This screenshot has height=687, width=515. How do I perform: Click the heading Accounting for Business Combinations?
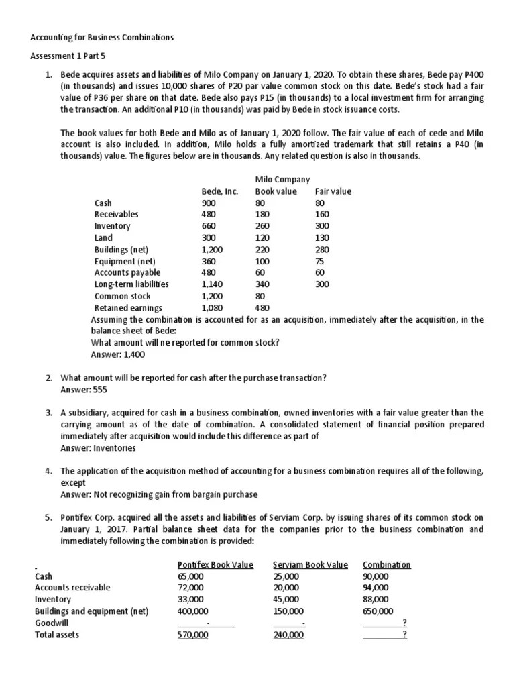point(102,38)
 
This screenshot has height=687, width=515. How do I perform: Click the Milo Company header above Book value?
point(282,179)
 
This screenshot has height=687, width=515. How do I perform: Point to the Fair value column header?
point(333,191)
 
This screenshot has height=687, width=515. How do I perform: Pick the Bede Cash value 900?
point(209,203)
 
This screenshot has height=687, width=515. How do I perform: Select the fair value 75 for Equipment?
point(320,261)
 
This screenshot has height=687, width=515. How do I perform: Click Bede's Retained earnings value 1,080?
point(212,308)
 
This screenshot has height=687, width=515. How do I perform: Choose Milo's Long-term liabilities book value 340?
point(262,284)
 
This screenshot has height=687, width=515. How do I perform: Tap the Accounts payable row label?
point(127,272)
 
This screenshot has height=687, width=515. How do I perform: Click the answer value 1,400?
point(134,354)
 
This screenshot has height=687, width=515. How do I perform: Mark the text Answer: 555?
point(84,389)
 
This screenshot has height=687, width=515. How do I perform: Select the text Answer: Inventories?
point(98,447)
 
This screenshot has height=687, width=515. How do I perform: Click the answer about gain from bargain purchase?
point(159,494)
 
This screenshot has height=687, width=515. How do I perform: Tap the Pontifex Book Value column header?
point(215,564)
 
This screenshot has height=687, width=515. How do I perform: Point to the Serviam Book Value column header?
point(310,564)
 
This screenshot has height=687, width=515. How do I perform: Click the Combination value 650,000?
point(378,611)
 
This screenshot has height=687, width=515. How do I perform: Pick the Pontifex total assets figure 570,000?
point(192,635)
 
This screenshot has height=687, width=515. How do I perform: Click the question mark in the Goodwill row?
point(404,622)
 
